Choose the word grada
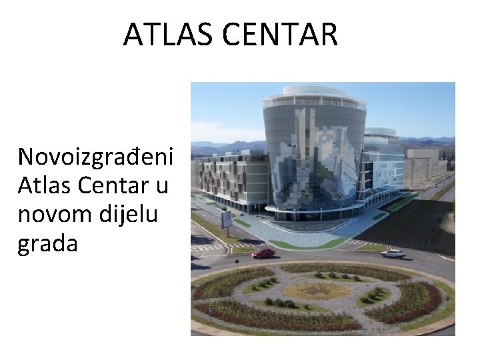pyautogui.click(x=48, y=244)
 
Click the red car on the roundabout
pyautogui.click(x=263, y=253)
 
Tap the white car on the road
pyautogui.click(x=393, y=253)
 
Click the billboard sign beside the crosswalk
pyautogui.click(x=227, y=219)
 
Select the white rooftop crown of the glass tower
pyautogui.click(x=315, y=97)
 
